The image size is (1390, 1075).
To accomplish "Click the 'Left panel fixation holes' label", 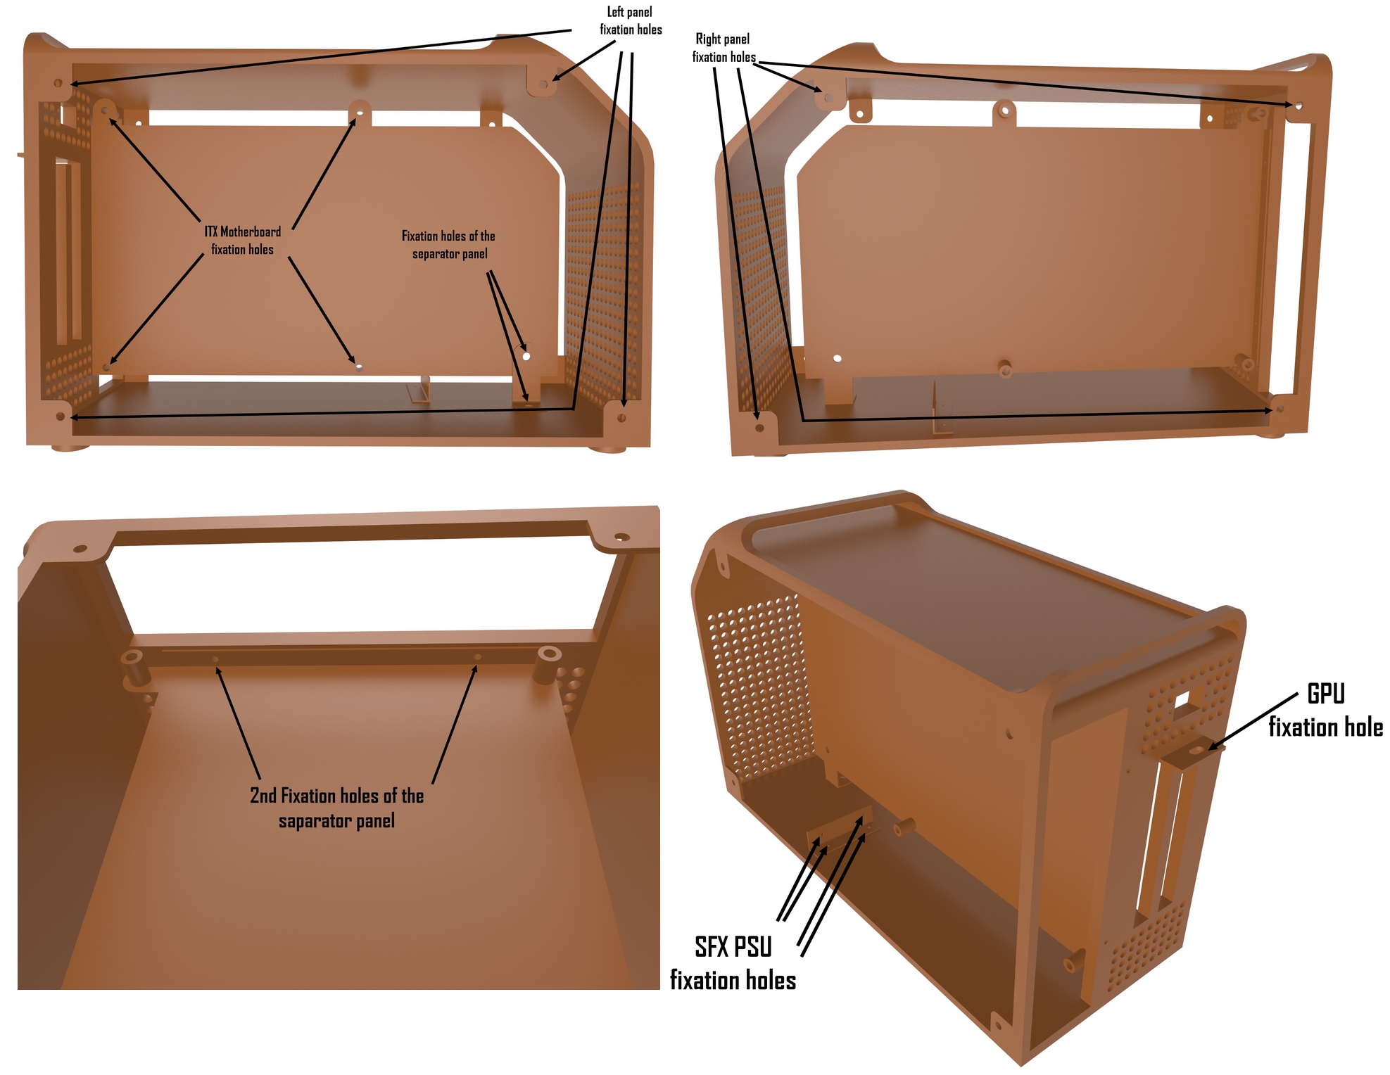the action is pyautogui.click(x=631, y=21).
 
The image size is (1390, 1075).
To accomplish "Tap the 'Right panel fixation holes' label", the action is pyautogui.click(x=724, y=48).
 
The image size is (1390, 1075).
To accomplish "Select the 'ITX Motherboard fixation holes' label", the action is pyautogui.click(x=243, y=241).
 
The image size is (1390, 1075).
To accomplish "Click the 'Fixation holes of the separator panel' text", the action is pyautogui.click(x=449, y=245).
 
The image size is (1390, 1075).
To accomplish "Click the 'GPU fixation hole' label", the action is pyautogui.click(x=1326, y=711).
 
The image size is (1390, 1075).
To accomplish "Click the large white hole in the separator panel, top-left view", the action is pyautogui.click(x=526, y=356).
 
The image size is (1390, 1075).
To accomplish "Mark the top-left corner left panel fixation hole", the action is pyautogui.click(x=58, y=83).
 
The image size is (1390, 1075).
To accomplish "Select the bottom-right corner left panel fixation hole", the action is pyautogui.click(x=621, y=418).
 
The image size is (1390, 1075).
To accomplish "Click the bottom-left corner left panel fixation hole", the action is pyautogui.click(x=61, y=416).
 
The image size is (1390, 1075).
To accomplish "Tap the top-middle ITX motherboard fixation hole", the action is pyautogui.click(x=360, y=111).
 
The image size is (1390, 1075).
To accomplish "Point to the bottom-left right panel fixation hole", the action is pyautogui.click(x=759, y=427).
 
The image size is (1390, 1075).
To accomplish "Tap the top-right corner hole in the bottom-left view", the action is pyautogui.click(x=621, y=537).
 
